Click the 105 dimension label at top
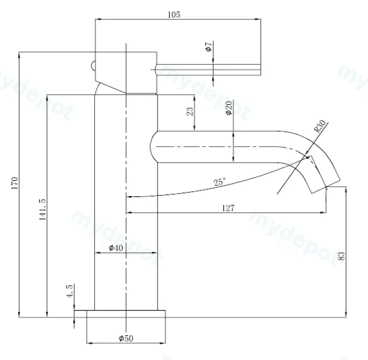(174, 15)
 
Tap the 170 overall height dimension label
(15, 183)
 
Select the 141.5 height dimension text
(42, 210)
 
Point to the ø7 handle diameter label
(209, 47)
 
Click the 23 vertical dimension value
(190, 111)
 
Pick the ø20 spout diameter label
(229, 108)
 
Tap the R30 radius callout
(320, 126)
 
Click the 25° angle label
(219, 181)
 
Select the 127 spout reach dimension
(228, 208)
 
